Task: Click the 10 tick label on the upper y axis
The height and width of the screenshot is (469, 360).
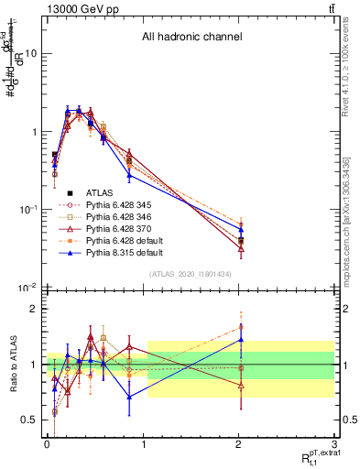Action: click(31, 53)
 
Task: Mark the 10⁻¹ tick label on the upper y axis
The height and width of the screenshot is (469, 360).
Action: click(29, 210)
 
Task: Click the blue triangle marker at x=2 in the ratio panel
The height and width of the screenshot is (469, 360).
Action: click(241, 339)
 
